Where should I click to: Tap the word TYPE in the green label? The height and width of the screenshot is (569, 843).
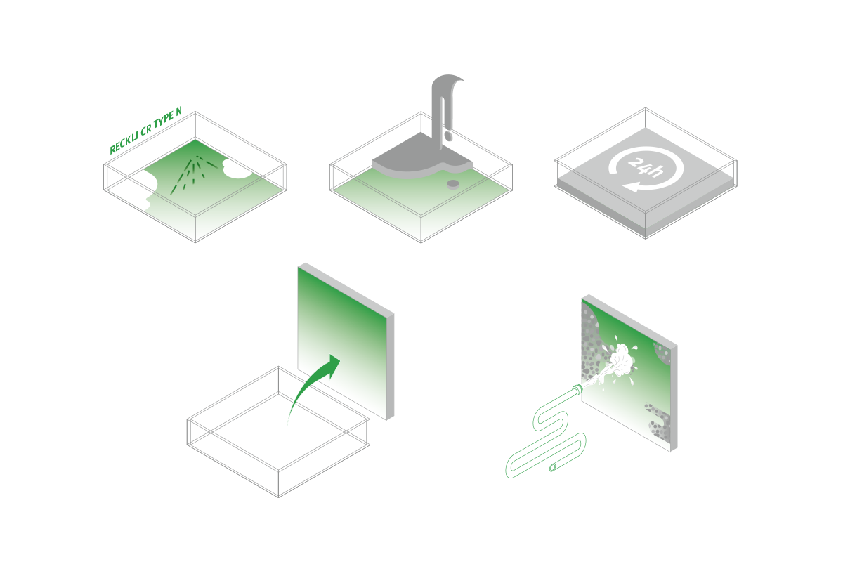tap(164, 119)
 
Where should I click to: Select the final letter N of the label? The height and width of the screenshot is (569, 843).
tap(178, 111)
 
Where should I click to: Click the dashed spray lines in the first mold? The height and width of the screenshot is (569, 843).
tap(194, 174)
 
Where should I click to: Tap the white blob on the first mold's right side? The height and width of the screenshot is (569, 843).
tap(237, 169)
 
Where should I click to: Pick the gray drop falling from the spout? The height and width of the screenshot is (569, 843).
tap(447, 136)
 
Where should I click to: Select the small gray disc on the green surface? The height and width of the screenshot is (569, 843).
tap(453, 184)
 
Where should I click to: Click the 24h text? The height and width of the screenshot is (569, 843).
tap(645, 166)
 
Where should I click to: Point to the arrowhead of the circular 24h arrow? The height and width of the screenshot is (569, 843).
tap(632, 186)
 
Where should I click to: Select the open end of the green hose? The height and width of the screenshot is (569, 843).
tap(553, 468)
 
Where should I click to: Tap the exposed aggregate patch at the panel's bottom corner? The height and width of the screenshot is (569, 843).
tap(660, 424)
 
